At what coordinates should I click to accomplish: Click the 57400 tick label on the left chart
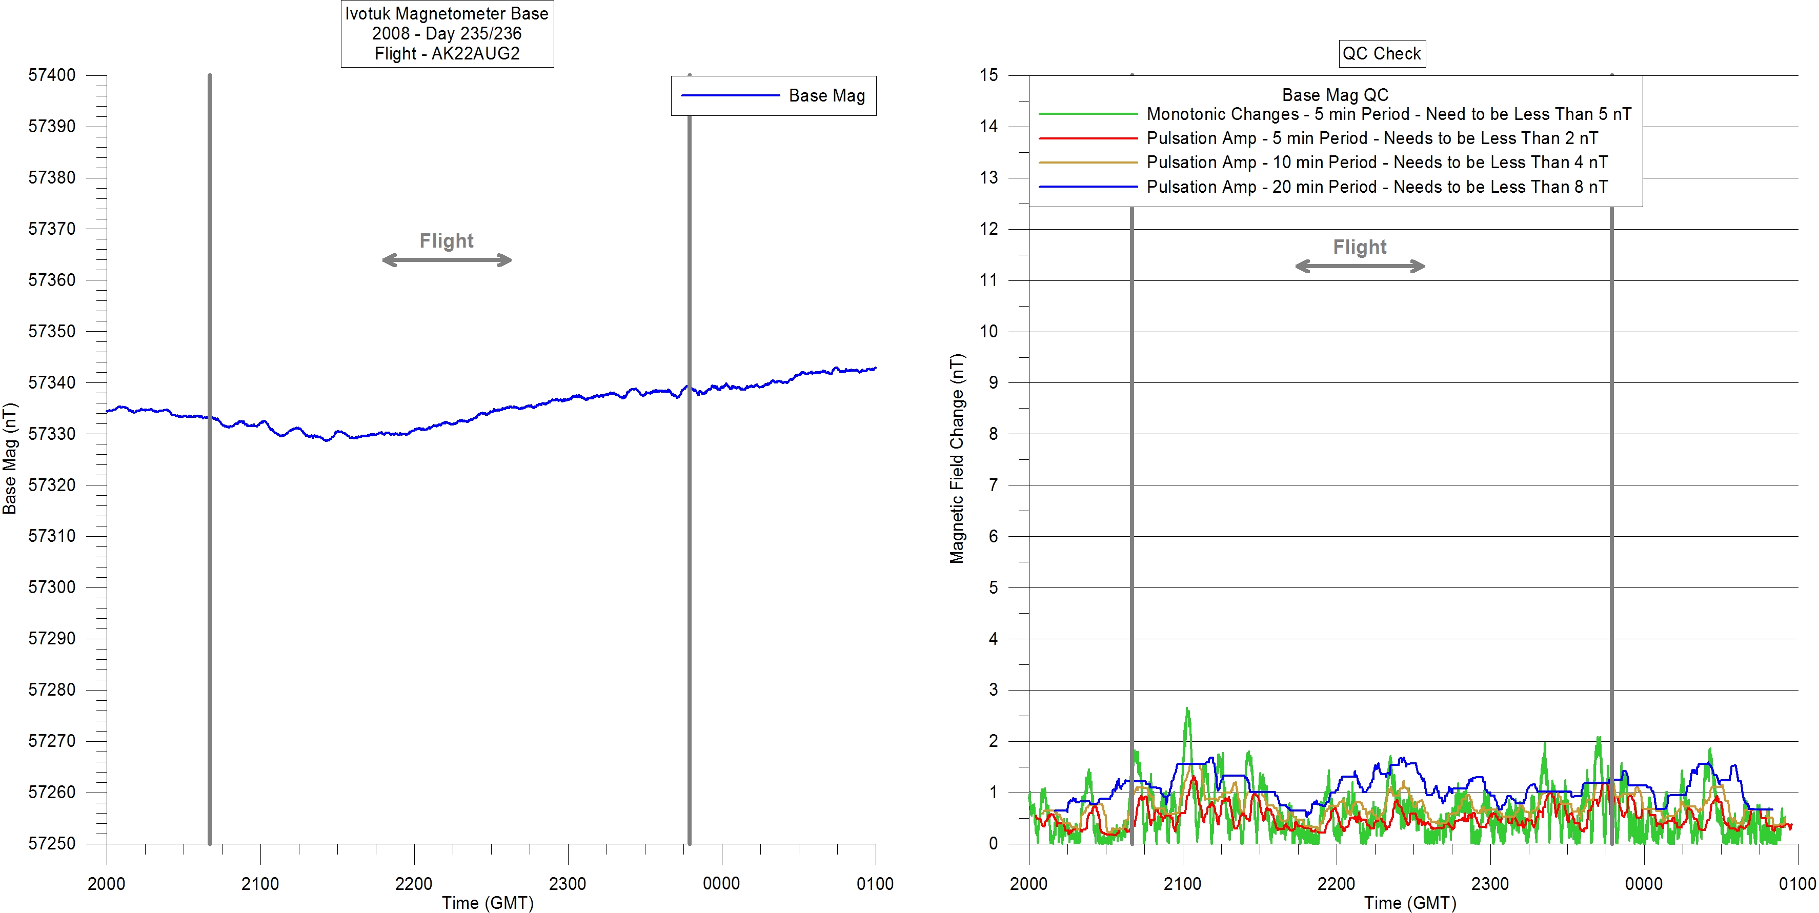point(52,75)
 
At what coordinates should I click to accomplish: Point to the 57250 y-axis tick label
point(52,843)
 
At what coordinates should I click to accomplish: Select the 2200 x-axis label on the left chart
point(414,883)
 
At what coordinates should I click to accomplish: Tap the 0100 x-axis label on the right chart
point(1797,883)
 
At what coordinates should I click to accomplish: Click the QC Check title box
point(1382,54)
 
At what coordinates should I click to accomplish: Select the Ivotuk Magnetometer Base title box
point(447,33)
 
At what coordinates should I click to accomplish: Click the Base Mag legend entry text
point(826,95)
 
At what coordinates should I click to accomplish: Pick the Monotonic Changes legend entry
point(1388,114)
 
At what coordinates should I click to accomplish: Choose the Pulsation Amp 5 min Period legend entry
point(1372,138)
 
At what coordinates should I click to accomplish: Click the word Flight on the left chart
point(446,241)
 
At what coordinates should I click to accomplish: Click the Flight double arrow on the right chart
point(1359,266)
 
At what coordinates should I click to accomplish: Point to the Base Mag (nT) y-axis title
point(9,458)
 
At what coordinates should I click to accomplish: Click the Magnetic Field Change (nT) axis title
point(956,458)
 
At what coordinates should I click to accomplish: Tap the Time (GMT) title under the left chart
point(487,902)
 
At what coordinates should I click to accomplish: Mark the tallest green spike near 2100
point(1187,709)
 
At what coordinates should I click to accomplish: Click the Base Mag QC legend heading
point(1335,95)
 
